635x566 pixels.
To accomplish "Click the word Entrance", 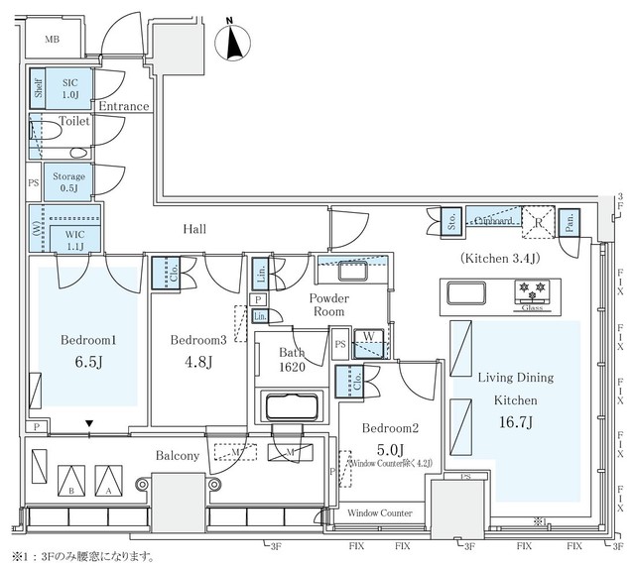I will coord(124,106).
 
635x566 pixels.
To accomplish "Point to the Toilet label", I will coord(74,121).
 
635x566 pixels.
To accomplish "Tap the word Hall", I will coord(194,229).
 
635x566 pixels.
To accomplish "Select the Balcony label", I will coord(177,456).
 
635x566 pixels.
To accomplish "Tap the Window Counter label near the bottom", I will coord(380,513).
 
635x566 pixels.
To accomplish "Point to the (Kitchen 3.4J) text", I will coord(500,258).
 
